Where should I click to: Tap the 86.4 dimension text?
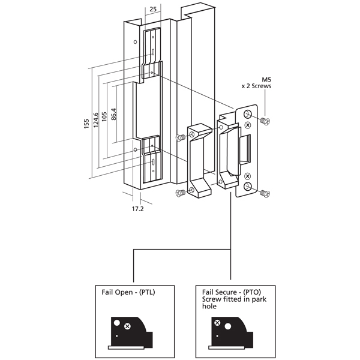tap(114, 113)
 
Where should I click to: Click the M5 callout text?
tap(267, 79)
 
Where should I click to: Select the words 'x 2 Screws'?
tap(256, 86)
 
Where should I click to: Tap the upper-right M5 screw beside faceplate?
tap(266, 121)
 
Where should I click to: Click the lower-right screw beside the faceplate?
tap(266, 193)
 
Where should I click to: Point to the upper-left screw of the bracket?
tap(179, 137)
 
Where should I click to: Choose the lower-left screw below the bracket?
tap(179, 193)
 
